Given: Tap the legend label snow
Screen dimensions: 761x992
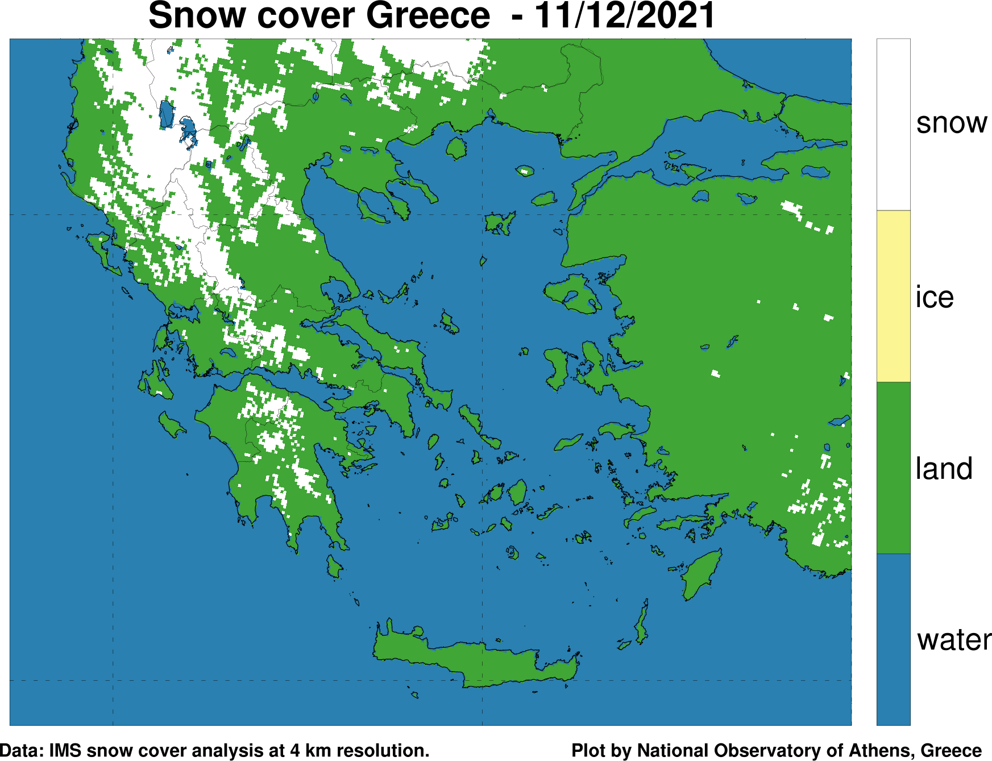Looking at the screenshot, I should tap(951, 123).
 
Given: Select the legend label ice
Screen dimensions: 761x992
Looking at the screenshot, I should tap(934, 297).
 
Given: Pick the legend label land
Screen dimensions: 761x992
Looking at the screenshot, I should tap(944, 469).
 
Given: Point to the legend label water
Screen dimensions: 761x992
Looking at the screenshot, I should tap(953, 640).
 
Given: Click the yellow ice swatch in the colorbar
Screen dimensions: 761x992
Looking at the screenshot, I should tap(893, 296).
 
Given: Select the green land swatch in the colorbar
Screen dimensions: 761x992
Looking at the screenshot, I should tap(893, 468).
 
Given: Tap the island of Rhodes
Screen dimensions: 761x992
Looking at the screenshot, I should tap(700, 574).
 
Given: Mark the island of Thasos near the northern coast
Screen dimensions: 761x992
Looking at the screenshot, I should tap(456, 148).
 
